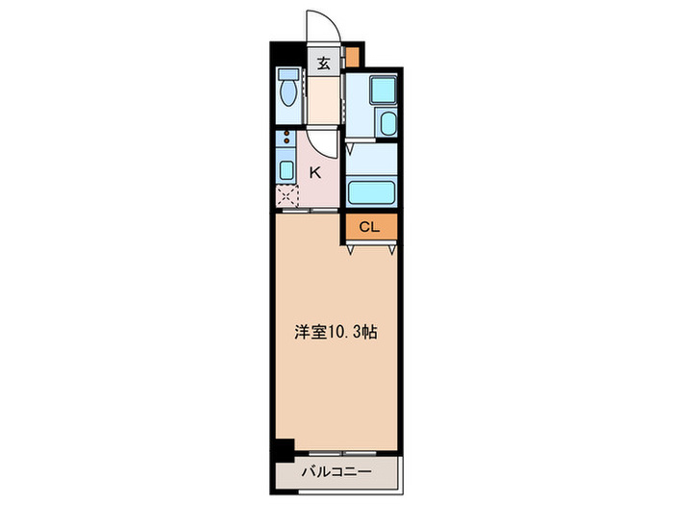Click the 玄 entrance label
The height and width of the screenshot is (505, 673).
(x=323, y=65)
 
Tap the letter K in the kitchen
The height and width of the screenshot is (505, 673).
(x=314, y=173)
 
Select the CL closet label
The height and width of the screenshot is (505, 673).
(x=369, y=227)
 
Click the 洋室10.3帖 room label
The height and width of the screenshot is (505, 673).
(x=335, y=332)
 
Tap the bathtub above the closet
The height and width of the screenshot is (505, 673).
(x=370, y=190)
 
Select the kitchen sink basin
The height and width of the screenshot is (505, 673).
(x=286, y=170)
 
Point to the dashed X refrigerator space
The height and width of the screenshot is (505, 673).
(x=287, y=197)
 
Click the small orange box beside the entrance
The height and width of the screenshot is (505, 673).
(x=353, y=56)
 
